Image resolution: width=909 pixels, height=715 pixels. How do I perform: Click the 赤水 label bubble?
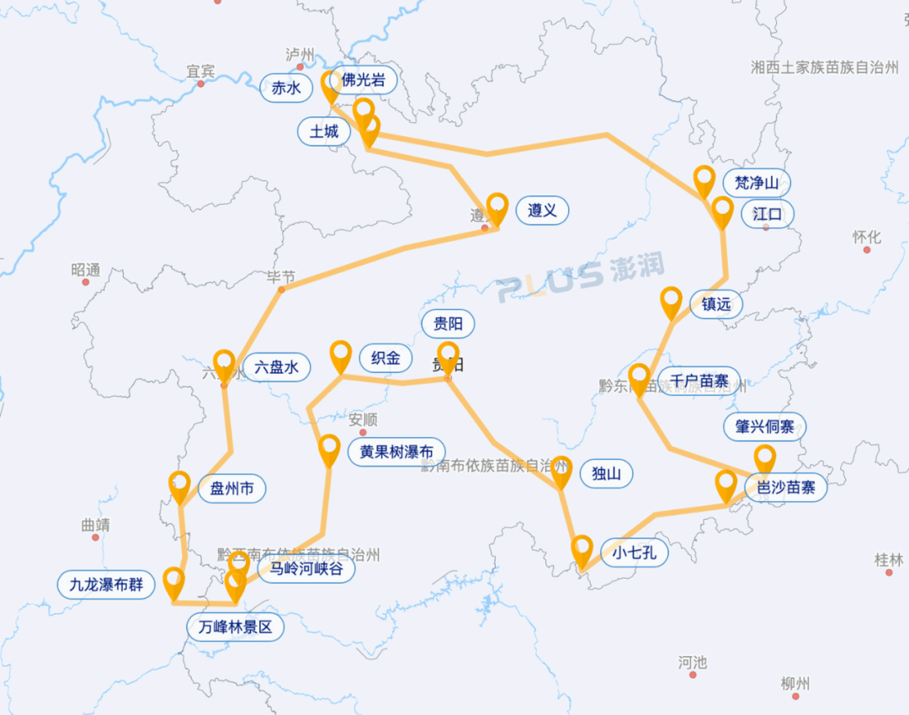(x=280, y=87)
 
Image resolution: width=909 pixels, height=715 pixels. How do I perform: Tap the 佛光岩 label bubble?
(x=364, y=81)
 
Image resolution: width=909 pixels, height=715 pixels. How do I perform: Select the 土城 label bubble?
(x=324, y=131)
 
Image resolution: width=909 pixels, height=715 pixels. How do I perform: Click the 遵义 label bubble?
(x=542, y=211)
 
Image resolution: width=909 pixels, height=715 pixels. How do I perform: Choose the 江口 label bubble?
(x=768, y=214)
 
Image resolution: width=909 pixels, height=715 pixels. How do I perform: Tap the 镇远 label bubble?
(x=716, y=304)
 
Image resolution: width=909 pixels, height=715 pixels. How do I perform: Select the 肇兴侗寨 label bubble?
(x=764, y=427)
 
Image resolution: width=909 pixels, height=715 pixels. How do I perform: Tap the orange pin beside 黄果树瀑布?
(x=329, y=450)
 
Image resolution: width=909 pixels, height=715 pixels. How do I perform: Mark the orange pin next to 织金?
(x=341, y=355)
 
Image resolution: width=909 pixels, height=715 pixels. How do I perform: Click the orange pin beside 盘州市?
(x=179, y=486)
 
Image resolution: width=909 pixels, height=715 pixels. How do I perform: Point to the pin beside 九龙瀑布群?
(x=173, y=582)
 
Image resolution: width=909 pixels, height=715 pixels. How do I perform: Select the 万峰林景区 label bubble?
(x=236, y=627)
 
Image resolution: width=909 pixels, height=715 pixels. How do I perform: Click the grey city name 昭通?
(x=86, y=270)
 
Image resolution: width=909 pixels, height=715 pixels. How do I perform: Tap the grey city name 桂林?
(x=888, y=559)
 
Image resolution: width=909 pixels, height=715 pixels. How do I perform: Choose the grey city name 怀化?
(x=866, y=237)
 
